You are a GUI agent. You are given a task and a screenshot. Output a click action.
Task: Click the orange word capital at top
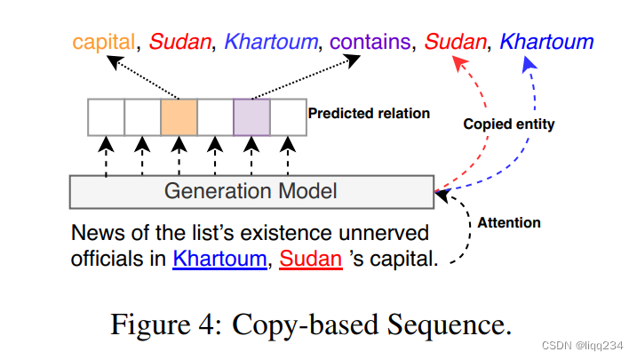pyautogui.click(x=105, y=42)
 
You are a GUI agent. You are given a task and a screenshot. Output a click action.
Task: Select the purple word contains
pyautogui.click(x=362, y=42)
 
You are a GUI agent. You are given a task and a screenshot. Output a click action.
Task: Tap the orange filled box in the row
pyautogui.click(x=179, y=116)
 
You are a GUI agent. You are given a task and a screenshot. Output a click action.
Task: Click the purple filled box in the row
pyautogui.click(x=251, y=116)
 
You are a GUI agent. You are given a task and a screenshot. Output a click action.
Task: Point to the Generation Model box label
pyautogui.click(x=251, y=190)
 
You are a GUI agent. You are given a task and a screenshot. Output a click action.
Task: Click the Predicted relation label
pyautogui.click(x=369, y=114)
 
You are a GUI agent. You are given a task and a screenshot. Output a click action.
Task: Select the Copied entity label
pyautogui.click(x=509, y=124)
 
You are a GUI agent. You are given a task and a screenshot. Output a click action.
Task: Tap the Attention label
pyautogui.click(x=509, y=222)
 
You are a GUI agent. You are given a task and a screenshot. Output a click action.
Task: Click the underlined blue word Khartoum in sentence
pyautogui.click(x=219, y=260)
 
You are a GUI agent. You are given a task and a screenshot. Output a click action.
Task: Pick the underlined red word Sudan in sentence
pyautogui.click(x=311, y=260)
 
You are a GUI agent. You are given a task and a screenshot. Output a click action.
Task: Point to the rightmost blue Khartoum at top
pyautogui.click(x=546, y=42)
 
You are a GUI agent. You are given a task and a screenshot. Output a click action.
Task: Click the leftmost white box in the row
pyautogui.click(x=106, y=116)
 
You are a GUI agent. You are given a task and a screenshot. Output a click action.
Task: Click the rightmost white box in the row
pyautogui.click(x=288, y=116)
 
